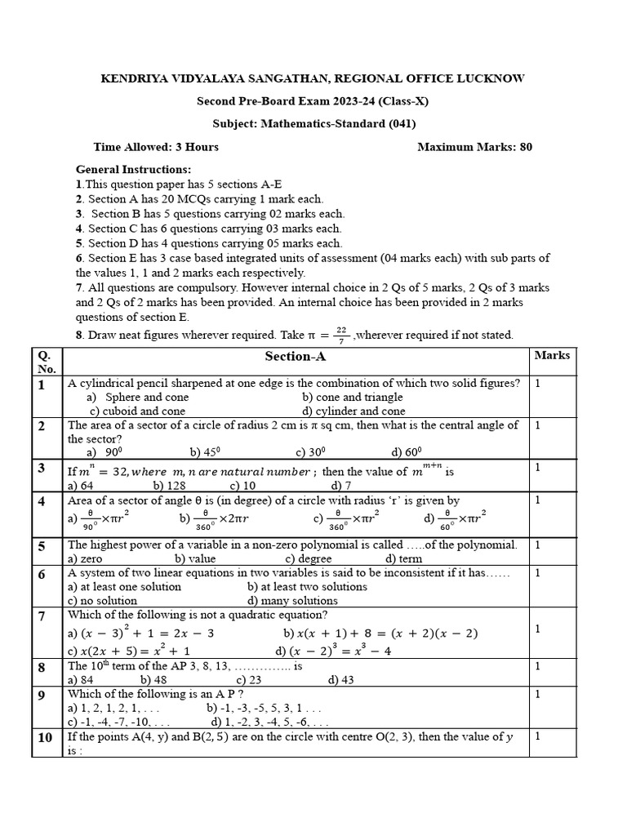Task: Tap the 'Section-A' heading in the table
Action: coord(295,357)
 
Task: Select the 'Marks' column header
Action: coord(552,355)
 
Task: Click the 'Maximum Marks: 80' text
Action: coord(474,147)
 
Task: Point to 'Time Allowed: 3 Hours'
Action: coord(156,147)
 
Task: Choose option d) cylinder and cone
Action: coord(353,411)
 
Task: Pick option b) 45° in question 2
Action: coord(206,451)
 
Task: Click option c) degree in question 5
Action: coord(308,558)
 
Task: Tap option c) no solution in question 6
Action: coord(102,600)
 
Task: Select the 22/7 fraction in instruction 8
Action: coord(341,335)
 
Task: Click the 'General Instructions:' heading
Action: coord(133,170)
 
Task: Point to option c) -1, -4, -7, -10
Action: coord(119,722)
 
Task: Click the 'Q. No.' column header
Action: coord(47,362)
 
